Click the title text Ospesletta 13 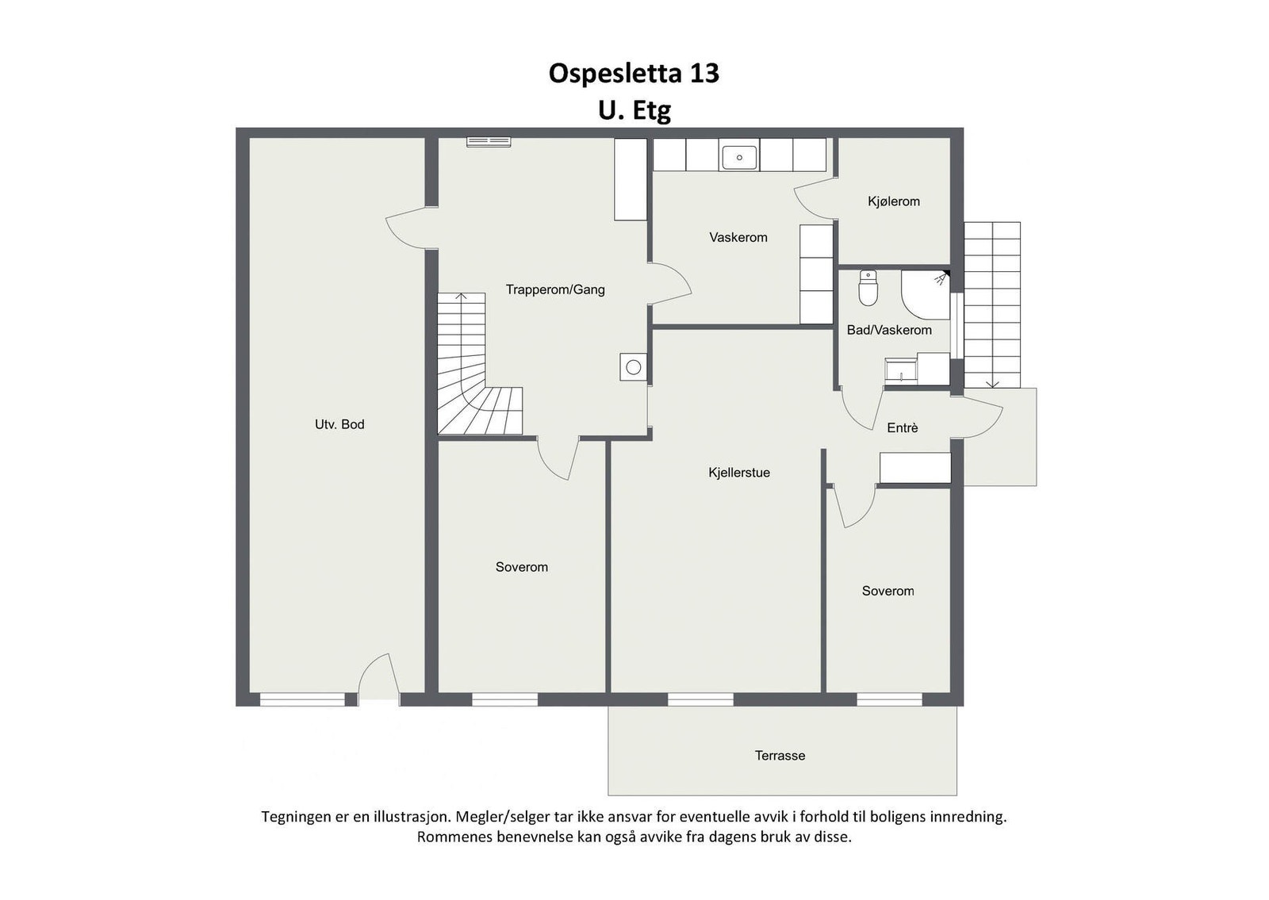click(x=634, y=73)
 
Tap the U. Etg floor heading click(x=634, y=110)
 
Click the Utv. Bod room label click(x=339, y=424)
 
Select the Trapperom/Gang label click(x=555, y=289)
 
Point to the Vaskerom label click(x=738, y=237)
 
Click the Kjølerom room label click(x=894, y=201)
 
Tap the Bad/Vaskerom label click(x=889, y=330)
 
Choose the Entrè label click(x=903, y=428)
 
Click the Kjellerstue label click(x=738, y=473)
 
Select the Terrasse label click(x=780, y=756)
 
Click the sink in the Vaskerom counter click(x=739, y=158)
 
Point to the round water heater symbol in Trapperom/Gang click(x=633, y=367)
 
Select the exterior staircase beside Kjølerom click(x=992, y=305)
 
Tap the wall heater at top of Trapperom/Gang click(x=489, y=141)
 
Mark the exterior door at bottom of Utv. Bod click(x=377, y=679)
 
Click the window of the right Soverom click(x=888, y=699)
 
